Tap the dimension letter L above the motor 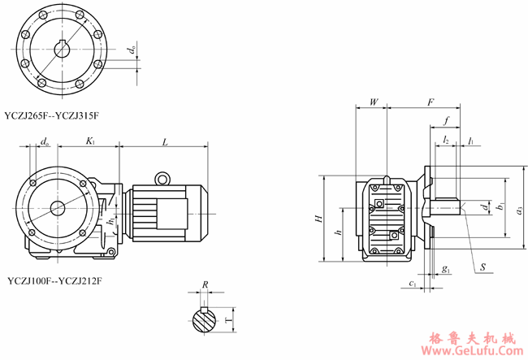pyautogui.click(x=165, y=142)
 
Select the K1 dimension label pyautogui.click(x=90, y=141)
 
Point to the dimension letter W pyautogui.click(x=373, y=102)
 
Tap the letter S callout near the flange pyautogui.click(x=483, y=267)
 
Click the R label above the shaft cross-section pyautogui.click(x=206, y=285)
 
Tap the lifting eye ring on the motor pyautogui.click(x=162, y=178)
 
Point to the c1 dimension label pyautogui.click(x=413, y=284)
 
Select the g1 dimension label pyautogui.click(x=446, y=267)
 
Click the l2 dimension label pyautogui.click(x=447, y=141)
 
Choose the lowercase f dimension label pyautogui.click(x=446, y=121)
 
